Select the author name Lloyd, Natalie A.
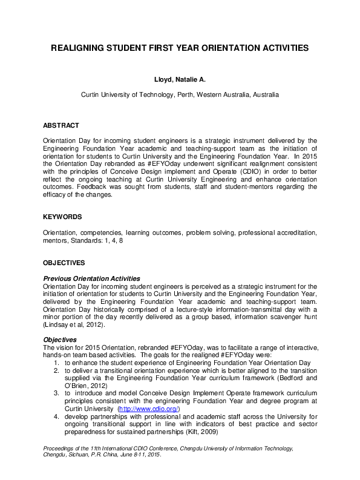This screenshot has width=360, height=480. click(x=180, y=80)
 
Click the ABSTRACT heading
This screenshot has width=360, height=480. click(x=61, y=126)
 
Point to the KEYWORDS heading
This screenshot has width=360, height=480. click(x=62, y=217)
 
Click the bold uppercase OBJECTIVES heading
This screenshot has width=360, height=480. click(x=64, y=263)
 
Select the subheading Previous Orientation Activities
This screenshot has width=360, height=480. click(x=91, y=278)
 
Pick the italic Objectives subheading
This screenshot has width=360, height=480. click(x=59, y=340)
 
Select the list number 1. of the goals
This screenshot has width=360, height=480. click(x=56, y=363)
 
